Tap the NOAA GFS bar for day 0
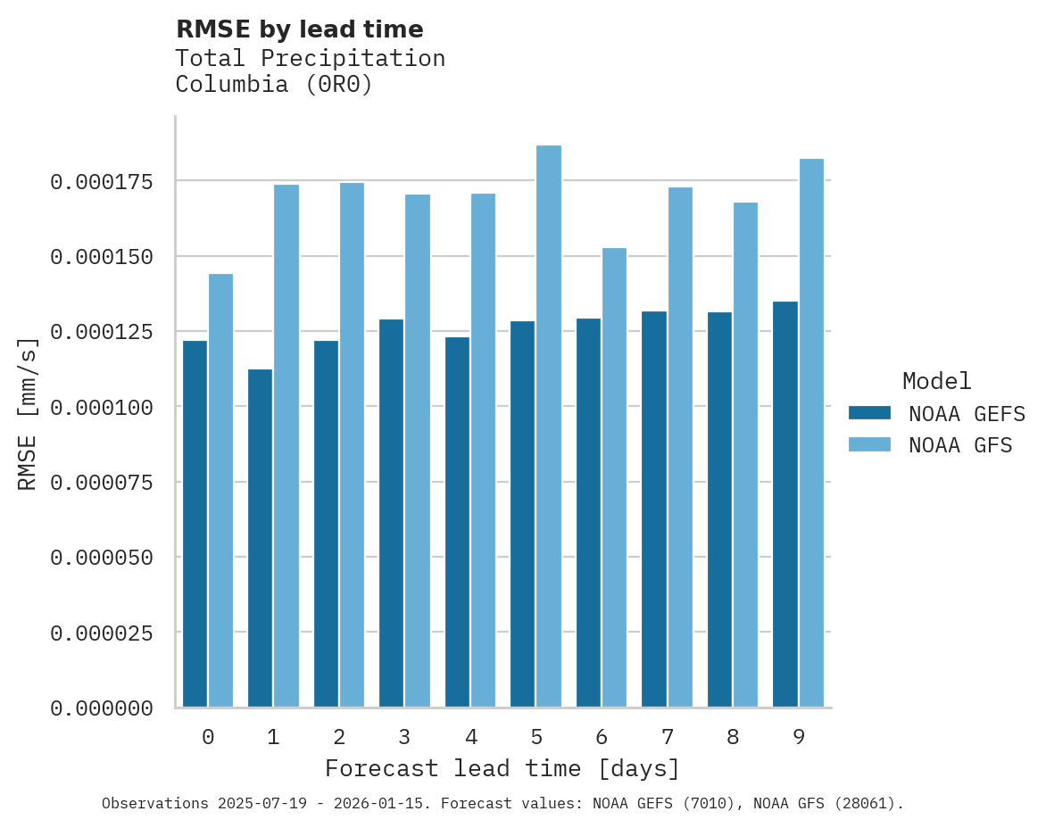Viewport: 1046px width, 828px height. pyautogui.click(x=220, y=491)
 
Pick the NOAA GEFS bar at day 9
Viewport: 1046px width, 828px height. pyautogui.click(x=785, y=504)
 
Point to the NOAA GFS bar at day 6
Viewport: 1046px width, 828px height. pyautogui.click(x=615, y=477)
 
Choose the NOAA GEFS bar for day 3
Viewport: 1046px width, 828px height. pyautogui.click(x=392, y=513)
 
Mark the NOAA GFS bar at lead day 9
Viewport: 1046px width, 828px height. pyautogui.click(x=811, y=433)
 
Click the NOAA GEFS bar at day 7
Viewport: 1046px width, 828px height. pyautogui.click(x=654, y=509)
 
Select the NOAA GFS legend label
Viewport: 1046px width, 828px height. pyautogui.click(x=960, y=445)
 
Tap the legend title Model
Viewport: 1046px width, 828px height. pyautogui.click(x=936, y=382)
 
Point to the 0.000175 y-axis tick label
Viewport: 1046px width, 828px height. pyautogui.click(x=102, y=182)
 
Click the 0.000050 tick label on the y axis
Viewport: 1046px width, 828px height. pyautogui.click(x=102, y=558)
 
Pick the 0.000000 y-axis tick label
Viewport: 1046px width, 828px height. pyautogui.click(x=102, y=708)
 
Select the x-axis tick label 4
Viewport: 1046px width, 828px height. pyautogui.click(x=470, y=737)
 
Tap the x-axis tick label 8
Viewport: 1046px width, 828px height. pyautogui.click(x=733, y=737)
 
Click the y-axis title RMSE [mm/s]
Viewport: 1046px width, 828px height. pyautogui.click(x=28, y=414)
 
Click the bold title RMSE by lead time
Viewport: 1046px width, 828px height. pyautogui.click(x=299, y=29)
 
